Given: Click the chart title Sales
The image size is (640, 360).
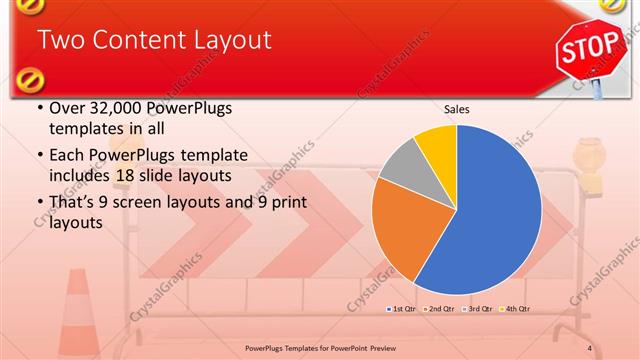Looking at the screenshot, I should pos(456,109).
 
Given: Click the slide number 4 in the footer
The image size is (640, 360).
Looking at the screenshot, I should pos(590,348).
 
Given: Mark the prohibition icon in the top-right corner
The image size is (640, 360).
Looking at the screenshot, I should pos(612,6).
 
